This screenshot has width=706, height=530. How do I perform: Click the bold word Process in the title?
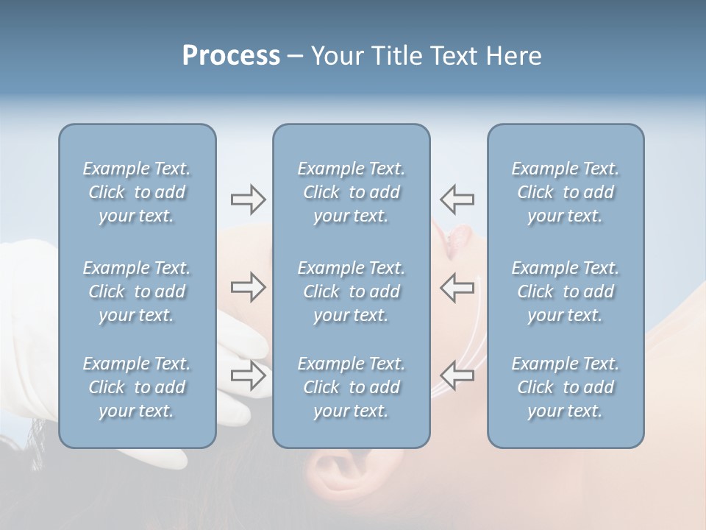231,56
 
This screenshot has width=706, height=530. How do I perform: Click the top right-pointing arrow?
248,199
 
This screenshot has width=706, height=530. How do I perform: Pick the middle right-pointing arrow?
248,287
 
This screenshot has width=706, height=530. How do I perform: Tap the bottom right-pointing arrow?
248,375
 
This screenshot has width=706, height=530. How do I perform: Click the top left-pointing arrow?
457,199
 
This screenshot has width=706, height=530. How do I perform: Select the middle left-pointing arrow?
457,287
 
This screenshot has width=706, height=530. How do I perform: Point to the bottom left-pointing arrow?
457,375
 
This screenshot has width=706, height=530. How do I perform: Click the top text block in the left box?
137,192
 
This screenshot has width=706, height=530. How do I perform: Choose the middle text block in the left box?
137,291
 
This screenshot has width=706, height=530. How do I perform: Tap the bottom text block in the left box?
137,387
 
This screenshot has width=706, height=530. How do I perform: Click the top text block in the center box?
352,192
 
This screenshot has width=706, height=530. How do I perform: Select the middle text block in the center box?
352,291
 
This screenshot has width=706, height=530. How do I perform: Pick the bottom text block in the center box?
352,387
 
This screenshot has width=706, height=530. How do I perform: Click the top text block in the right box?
566,192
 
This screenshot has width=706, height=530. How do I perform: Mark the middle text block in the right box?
566,291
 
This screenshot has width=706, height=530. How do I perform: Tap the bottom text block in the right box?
566,387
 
